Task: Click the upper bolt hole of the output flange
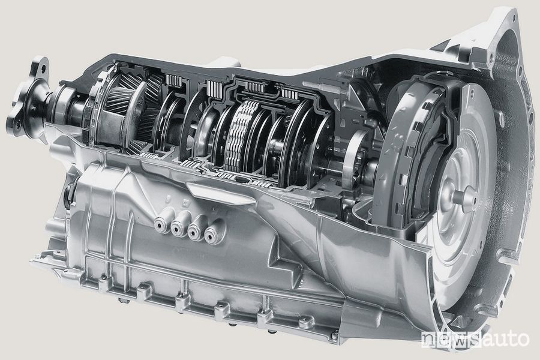click(x=43, y=68)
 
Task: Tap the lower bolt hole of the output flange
click(x=18, y=125)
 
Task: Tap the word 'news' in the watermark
click(x=451, y=340)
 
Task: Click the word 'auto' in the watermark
click(x=505, y=340)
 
